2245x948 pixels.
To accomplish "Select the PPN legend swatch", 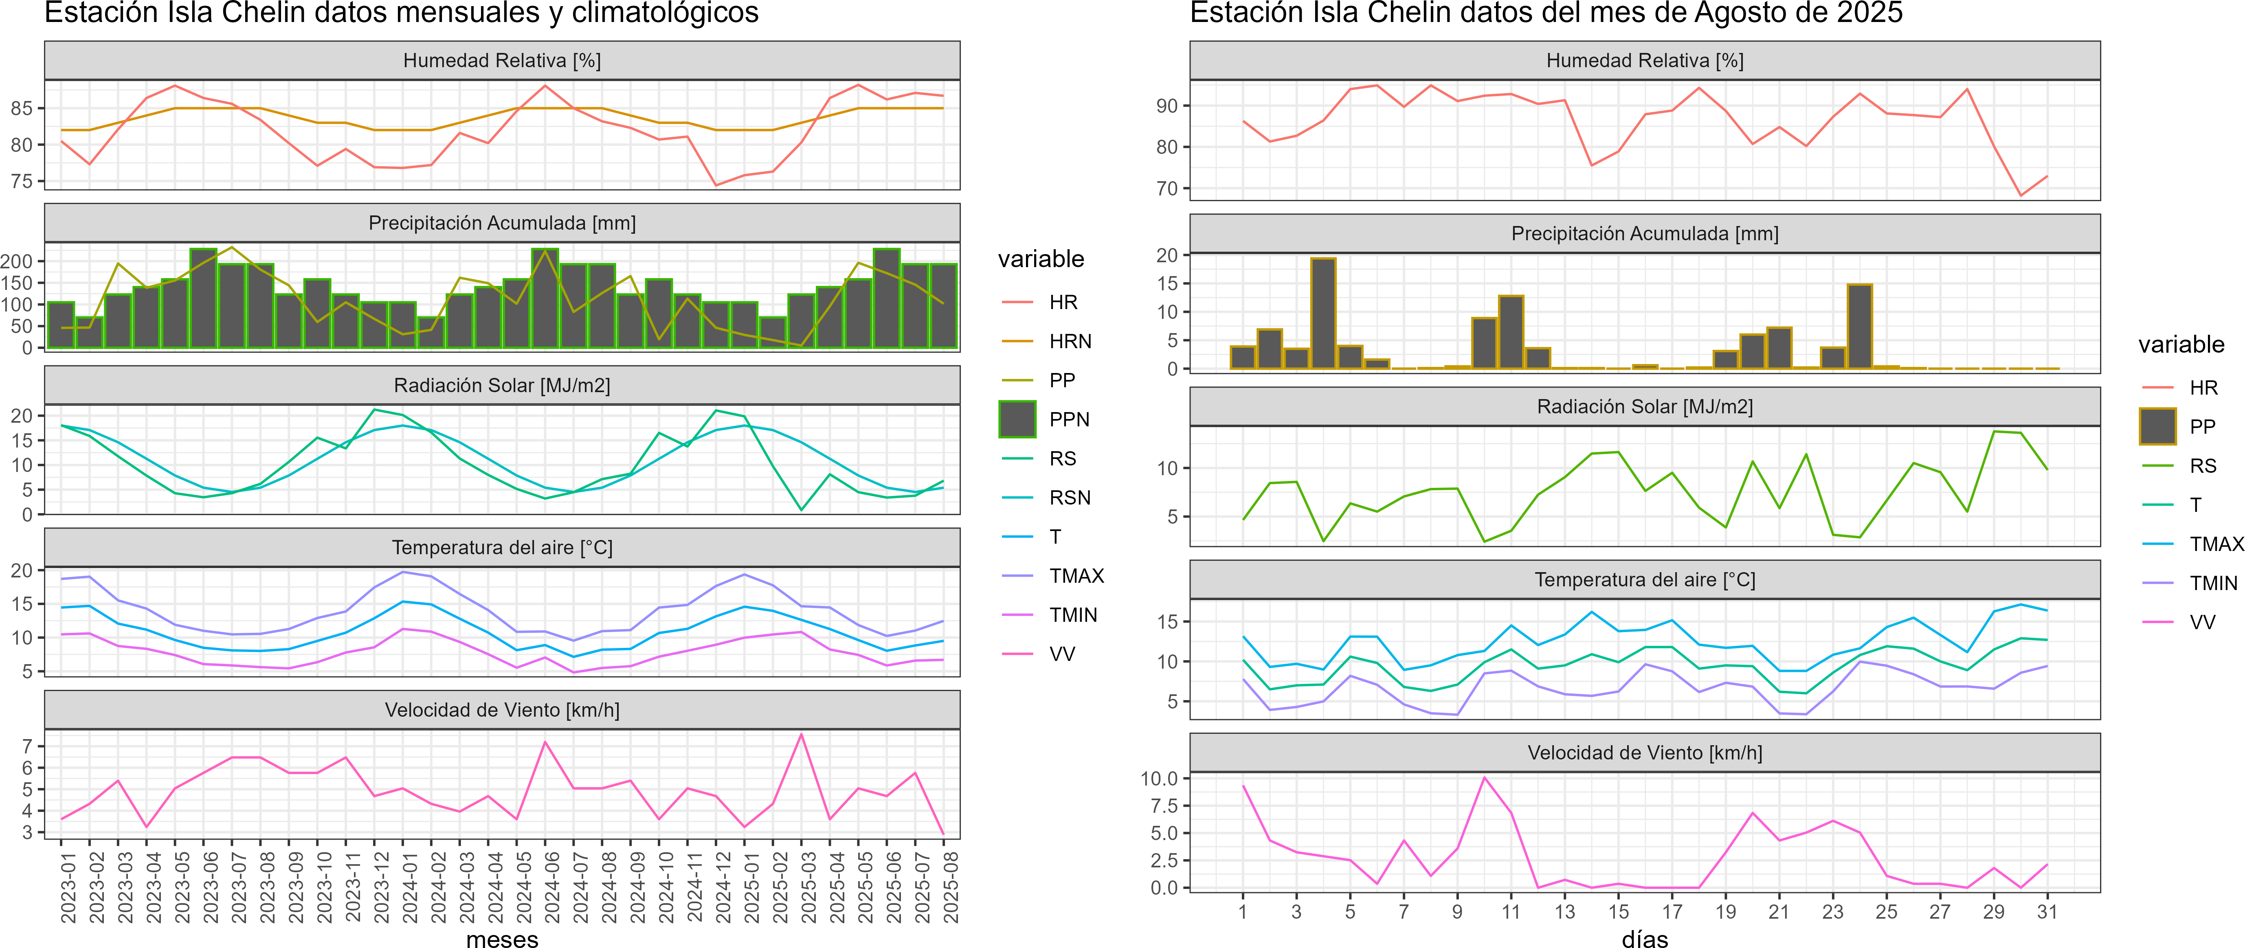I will tap(1017, 419).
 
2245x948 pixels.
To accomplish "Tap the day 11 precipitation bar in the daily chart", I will tap(1511, 332).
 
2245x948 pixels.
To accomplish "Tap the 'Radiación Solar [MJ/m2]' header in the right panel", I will tap(1645, 407).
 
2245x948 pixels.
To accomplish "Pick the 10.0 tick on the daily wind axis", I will tap(1159, 778).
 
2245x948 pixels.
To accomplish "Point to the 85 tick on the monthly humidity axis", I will tap(22, 109).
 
